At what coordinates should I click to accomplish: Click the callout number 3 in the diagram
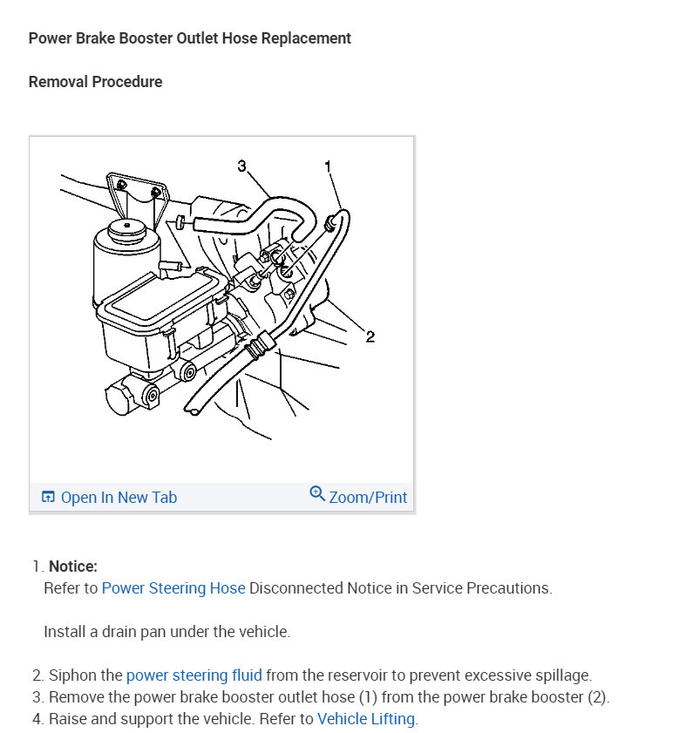[x=241, y=166]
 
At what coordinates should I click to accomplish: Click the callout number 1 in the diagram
[x=328, y=166]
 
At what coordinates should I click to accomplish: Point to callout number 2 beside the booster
[x=370, y=337]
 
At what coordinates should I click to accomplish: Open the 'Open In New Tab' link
[x=119, y=497]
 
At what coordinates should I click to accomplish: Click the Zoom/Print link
[x=368, y=497]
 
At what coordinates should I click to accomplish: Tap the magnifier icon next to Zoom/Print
[x=317, y=494]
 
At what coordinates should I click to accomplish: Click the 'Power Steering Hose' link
[x=173, y=587]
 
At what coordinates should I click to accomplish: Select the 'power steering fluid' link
[x=194, y=675]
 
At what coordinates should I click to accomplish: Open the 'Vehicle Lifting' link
[x=366, y=719]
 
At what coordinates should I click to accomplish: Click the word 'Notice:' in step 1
[x=73, y=567]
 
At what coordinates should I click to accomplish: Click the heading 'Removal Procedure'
[x=95, y=82]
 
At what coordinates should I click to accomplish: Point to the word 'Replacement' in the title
[x=309, y=38]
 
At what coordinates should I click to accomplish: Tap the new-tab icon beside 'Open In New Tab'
[x=48, y=498]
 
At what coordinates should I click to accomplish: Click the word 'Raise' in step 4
[x=68, y=719]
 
